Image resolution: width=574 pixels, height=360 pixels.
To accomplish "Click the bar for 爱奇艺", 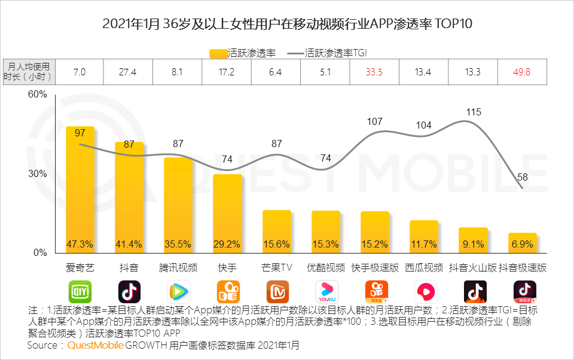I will (80, 191).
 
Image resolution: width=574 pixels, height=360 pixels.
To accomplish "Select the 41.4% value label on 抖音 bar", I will (129, 244).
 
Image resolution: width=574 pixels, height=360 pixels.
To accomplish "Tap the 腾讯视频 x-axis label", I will (178, 267).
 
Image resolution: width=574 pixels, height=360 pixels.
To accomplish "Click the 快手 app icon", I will (228, 292).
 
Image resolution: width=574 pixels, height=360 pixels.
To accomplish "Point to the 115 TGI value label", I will (474, 112).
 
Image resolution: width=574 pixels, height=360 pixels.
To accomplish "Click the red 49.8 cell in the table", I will (521, 72).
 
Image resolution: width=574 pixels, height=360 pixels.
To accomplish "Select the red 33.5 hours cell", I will (374, 72).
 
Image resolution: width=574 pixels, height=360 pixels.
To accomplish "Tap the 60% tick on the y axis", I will (38, 95).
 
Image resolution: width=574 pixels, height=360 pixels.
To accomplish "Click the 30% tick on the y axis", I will (38, 174).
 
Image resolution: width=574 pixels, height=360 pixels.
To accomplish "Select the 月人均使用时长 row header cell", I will (29, 72).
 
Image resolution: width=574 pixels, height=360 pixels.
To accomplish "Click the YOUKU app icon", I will (326, 292).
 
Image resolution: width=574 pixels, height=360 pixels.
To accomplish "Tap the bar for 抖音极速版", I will (522, 242).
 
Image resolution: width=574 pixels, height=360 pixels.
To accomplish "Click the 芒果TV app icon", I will (277, 292).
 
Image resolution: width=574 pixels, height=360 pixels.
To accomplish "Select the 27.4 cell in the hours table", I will (128, 72).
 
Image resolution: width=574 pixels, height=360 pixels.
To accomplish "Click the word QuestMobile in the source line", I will (96, 345).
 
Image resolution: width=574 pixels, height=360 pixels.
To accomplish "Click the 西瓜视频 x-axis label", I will (424, 267).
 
